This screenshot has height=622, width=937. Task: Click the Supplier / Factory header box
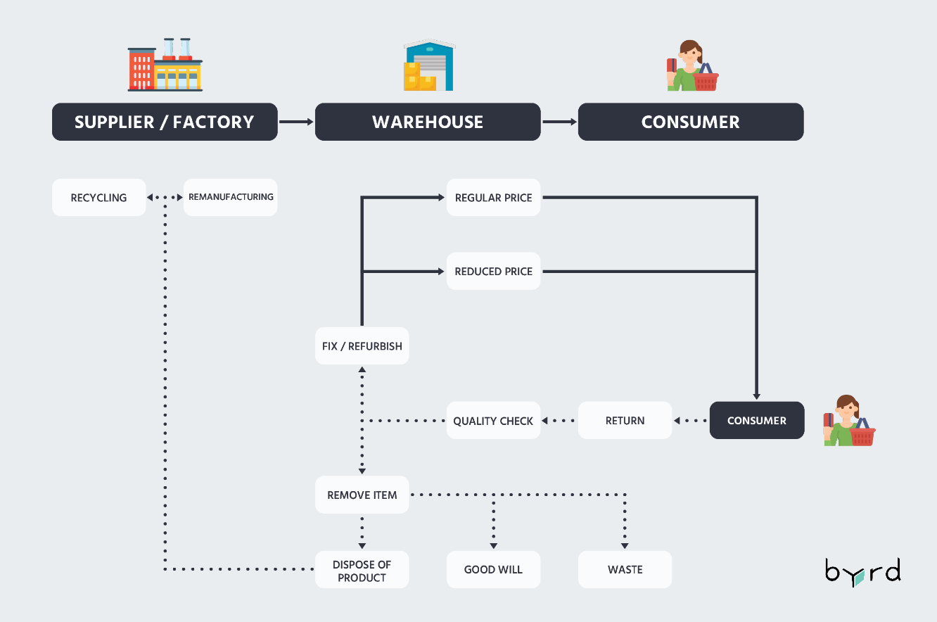tap(165, 122)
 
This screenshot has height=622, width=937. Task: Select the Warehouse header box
tap(428, 122)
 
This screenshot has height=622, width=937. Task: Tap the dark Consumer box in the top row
tap(690, 122)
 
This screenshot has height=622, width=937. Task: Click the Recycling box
tap(99, 198)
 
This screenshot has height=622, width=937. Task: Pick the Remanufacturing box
tap(231, 198)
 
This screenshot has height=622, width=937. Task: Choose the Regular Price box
tap(493, 198)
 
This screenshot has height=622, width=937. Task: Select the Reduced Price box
tap(493, 272)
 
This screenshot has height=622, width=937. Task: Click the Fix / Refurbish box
tap(362, 346)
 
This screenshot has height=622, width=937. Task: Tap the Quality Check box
tap(493, 421)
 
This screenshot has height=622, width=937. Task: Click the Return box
tap(625, 421)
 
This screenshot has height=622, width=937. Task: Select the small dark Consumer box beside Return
tap(756, 421)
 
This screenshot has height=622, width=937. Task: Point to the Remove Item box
tap(362, 495)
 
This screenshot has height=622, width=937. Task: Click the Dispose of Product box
tap(362, 571)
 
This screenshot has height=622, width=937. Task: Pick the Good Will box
tap(493, 570)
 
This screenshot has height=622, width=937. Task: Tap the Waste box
tap(625, 570)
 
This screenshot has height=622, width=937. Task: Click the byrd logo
tap(862, 572)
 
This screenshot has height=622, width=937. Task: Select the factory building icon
tap(165, 65)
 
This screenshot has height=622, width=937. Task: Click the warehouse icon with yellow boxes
tap(428, 66)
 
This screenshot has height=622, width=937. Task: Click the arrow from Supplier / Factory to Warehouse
tap(296, 122)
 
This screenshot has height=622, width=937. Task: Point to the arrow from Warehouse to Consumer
tap(559, 122)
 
